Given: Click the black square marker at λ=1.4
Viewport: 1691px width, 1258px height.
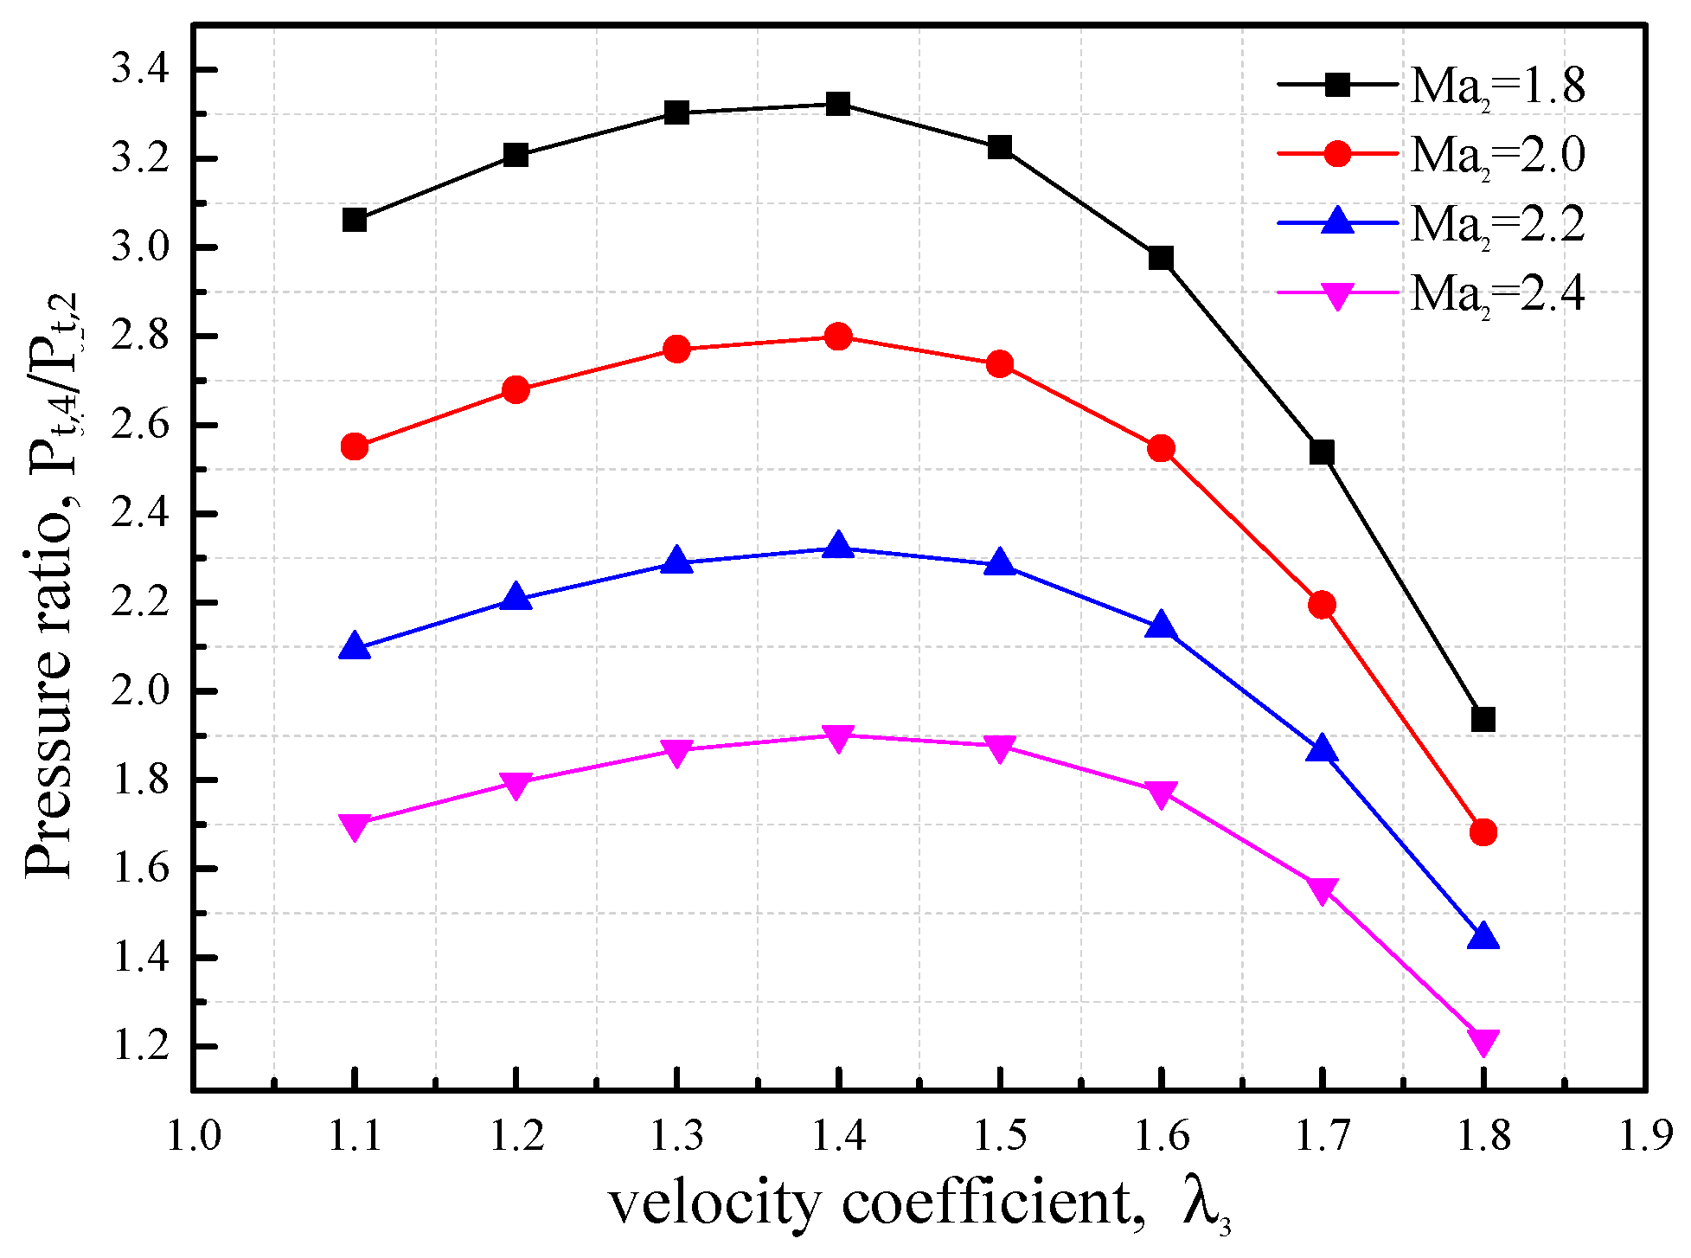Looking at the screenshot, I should coord(837,105).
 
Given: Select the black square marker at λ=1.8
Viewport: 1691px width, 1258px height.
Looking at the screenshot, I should coord(1483,719).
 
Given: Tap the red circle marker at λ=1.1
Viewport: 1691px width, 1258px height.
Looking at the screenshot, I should coord(355,447).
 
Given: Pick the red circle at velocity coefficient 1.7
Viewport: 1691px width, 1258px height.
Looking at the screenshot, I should coord(1322,604).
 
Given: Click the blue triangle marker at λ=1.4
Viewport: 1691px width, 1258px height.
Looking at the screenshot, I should coord(837,546).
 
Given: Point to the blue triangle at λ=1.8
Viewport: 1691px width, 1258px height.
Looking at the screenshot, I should coord(1483,936).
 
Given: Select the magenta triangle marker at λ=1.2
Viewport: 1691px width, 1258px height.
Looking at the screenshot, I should coord(516,784).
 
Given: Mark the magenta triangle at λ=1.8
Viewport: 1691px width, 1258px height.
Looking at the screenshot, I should coord(1483,1042).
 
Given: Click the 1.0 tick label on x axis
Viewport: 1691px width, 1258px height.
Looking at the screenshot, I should coord(194,1135).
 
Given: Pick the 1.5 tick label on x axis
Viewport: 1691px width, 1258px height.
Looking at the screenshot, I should coord(1000,1135).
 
